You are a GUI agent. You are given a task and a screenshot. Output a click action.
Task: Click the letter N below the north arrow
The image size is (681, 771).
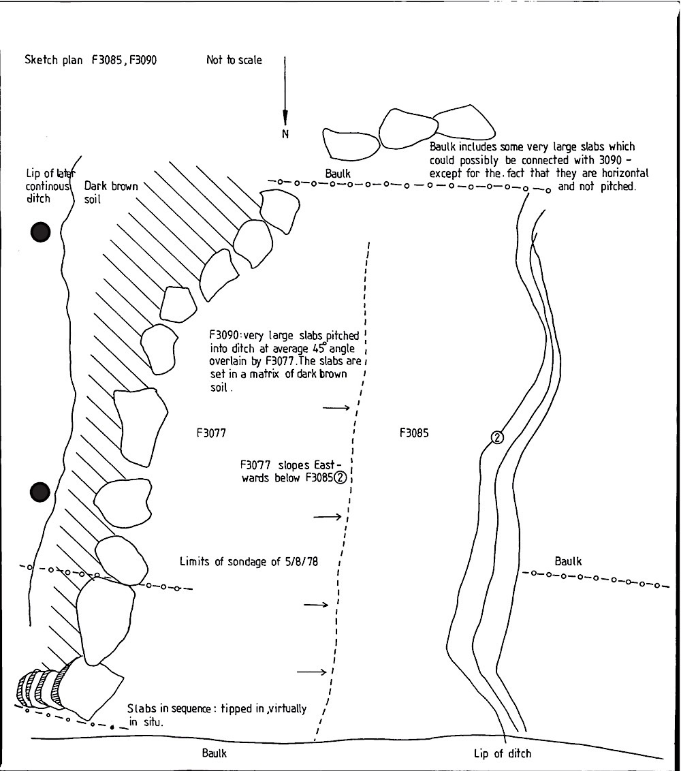(x=286, y=134)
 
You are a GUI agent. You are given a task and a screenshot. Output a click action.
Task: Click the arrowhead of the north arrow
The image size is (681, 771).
(x=285, y=116)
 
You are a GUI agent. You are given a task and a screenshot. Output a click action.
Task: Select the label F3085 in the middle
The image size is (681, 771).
(x=414, y=432)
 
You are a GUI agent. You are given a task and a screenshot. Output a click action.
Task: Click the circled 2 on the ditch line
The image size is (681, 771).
(x=497, y=437)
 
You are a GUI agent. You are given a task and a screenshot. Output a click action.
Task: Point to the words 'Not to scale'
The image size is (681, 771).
(x=234, y=60)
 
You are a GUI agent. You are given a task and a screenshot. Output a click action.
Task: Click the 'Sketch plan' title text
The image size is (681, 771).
(x=54, y=60)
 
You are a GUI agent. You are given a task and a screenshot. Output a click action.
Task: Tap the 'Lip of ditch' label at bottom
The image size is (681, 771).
(x=503, y=753)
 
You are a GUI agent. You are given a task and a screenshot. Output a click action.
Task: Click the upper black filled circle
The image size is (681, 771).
(x=41, y=232)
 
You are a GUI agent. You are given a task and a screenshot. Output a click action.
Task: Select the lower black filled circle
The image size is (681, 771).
(x=41, y=491)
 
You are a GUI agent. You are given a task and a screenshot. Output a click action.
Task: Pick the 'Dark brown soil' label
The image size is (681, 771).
(x=111, y=192)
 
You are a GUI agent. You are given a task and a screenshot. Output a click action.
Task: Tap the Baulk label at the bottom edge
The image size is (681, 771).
(x=214, y=753)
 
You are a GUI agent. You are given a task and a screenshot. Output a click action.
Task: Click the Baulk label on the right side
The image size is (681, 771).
(x=569, y=561)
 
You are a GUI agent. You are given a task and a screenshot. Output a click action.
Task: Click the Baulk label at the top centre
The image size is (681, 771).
(x=338, y=174)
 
